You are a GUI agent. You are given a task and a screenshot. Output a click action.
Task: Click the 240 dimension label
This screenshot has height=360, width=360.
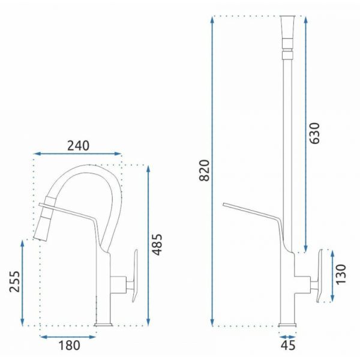pyautogui.click(x=78, y=146)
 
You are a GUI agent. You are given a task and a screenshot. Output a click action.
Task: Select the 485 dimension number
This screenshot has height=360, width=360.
pyautogui.click(x=158, y=245)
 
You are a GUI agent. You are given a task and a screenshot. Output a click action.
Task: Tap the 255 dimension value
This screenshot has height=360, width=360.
pyautogui.click(x=14, y=282)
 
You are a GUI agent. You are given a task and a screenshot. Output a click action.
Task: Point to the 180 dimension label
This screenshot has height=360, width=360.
pyautogui.click(x=70, y=345)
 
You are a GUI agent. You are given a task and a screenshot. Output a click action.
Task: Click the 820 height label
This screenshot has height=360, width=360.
pyautogui.click(x=205, y=170)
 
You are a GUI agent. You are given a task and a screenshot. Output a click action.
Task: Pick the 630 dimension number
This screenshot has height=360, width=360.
pyautogui.click(x=314, y=133)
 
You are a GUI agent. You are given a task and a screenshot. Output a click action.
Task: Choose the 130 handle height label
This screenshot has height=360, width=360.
pyautogui.click(x=341, y=275)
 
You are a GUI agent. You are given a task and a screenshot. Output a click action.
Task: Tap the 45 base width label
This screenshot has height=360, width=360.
pyautogui.click(x=288, y=345)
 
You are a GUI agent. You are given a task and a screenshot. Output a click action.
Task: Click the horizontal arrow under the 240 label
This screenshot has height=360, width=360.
pyautogui.click(x=77, y=154)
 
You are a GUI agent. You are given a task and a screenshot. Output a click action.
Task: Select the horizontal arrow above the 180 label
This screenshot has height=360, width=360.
pyautogui.click(x=68, y=337)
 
